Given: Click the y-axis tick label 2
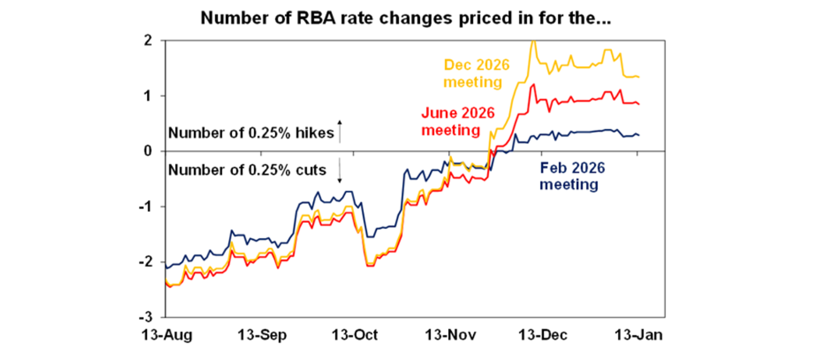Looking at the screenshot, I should click(x=154, y=41).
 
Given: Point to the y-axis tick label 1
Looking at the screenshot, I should click(x=155, y=96).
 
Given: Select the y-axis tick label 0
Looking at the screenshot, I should click(x=154, y=151).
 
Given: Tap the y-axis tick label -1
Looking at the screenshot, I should click(x=151, y=206).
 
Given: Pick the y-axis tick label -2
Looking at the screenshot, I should click(x=151, y=262).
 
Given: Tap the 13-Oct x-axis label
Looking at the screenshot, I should click(x=353, y=336).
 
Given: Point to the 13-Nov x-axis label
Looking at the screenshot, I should click(x=448, y=336).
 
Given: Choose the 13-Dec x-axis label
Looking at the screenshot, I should click(x=541, y=336).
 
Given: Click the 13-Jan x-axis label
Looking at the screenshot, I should click(x=637, y=336).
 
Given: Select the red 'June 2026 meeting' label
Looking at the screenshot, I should click(x=458, y=121).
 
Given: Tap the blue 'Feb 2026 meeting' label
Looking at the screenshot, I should click(x=572, y=177).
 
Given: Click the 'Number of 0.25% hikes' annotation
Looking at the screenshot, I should click(x=251, y=133).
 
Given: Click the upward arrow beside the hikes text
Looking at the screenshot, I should click(x=340, y=132).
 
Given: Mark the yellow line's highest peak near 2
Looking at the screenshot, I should click(x=533, y=41).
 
